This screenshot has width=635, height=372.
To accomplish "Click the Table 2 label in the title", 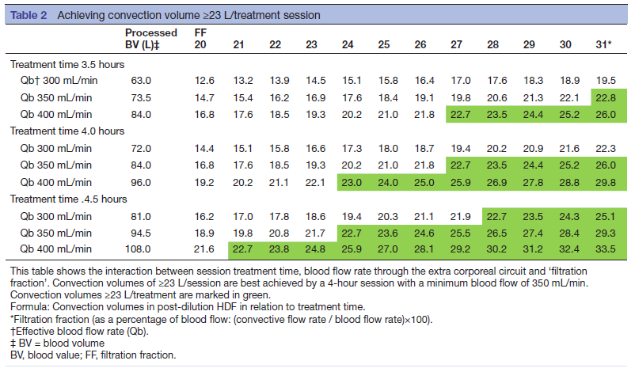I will point(31,15).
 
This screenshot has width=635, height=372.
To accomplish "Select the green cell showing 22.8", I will point(605,97).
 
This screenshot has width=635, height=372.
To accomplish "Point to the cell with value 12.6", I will point(204,81).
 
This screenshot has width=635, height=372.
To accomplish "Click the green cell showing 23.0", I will point(352,181).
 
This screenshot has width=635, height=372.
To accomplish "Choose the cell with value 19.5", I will point(605,81).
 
